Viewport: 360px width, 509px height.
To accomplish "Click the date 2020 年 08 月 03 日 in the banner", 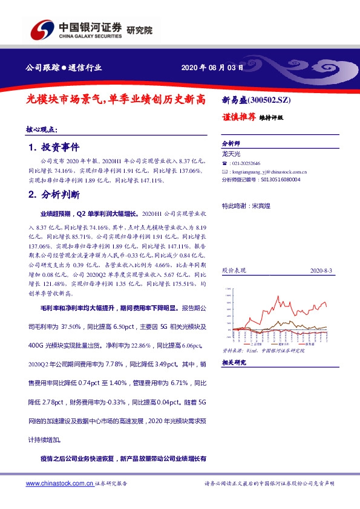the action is click(212, 68).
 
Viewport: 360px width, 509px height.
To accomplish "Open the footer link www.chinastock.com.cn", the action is click(60, 484).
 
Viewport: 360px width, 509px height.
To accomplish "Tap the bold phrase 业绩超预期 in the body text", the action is click(54, 214).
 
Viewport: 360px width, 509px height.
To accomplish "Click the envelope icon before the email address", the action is click(224, 172).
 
